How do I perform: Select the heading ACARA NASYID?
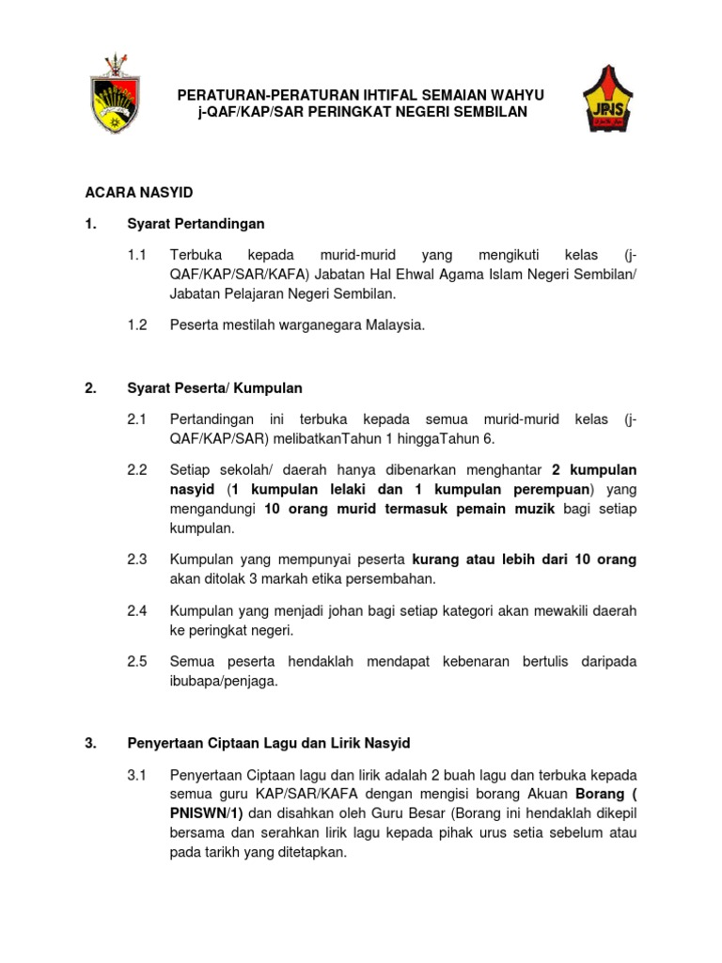click(x=138, y=192)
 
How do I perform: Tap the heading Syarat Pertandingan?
click(x=196, y=224)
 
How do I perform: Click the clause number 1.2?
click(x=137, y=325)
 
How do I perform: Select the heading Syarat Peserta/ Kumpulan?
click(x=214, y=387)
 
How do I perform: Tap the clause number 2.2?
click(x=137, y=468)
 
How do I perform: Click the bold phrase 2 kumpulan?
click(x=594, y=468)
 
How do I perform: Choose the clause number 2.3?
click(x=137, y=559)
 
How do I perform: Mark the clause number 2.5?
click(x=137, y=661)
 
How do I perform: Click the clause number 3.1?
click(x=137, y=775)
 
